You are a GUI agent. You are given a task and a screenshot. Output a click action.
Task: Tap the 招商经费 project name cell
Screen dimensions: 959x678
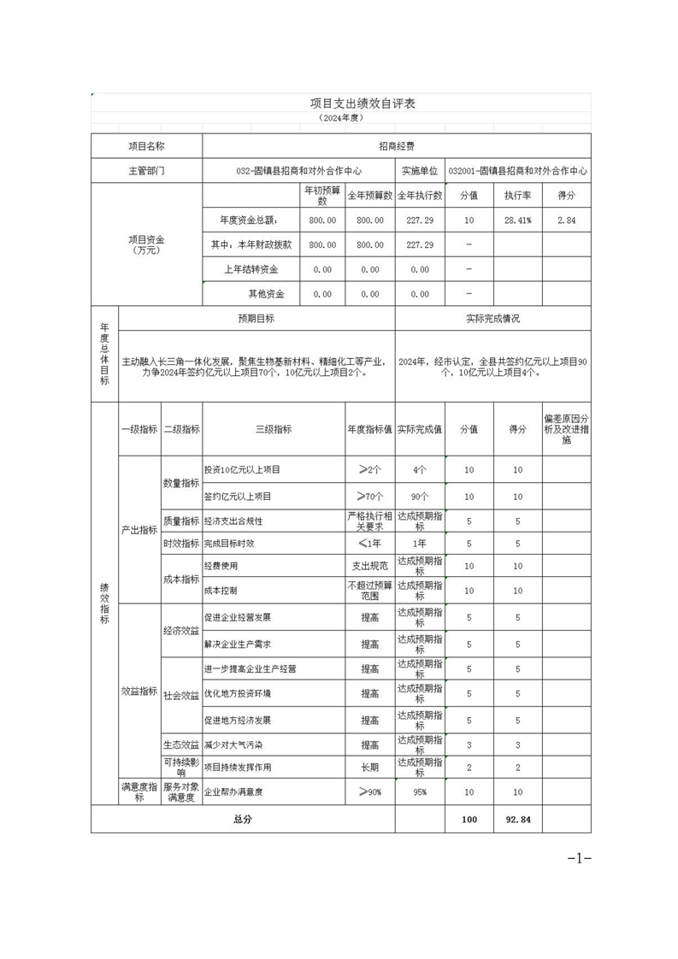click(396, 147)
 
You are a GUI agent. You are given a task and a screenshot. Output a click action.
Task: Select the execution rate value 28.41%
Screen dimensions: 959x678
click(517, 221)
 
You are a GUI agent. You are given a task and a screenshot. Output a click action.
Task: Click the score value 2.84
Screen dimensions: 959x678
click(566, 221)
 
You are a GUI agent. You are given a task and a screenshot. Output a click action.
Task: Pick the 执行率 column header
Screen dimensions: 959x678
click(517, 196)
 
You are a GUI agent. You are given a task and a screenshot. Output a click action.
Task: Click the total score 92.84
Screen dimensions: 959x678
click(517, 820)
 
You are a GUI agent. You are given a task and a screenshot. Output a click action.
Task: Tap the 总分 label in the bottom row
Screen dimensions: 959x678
click(243, 820)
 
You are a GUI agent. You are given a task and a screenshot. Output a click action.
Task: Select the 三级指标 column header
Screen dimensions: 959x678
click(273, 429)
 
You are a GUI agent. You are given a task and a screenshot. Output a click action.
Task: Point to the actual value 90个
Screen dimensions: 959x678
click(419, 496)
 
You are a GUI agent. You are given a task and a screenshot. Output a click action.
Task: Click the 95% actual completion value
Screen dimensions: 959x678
click(419, 792)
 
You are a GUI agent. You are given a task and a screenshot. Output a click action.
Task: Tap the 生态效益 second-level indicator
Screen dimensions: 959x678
click(181, 745)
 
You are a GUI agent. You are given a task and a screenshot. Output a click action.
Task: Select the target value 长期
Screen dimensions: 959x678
click(369, 768)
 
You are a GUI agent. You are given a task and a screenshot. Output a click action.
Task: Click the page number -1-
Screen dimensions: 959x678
click(579, 858)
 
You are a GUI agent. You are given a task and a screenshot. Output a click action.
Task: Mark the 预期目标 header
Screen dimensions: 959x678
click(256, 319)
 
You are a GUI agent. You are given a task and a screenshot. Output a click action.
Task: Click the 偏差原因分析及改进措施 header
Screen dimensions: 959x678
click(566, 430)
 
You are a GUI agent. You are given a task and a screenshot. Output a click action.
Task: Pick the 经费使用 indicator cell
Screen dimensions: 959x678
click(221, 566)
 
